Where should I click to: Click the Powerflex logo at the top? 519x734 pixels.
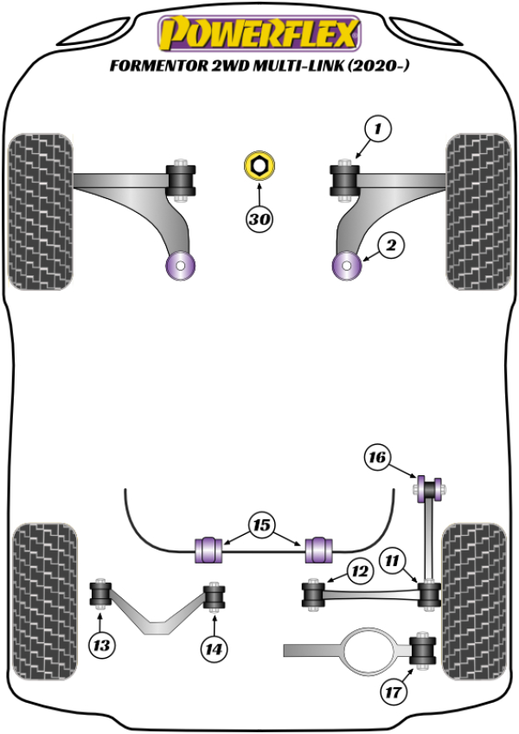point(258,34)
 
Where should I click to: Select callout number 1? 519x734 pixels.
point(377,130)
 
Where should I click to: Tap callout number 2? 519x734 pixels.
point(391,246)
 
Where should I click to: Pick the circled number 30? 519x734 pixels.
point(259,219)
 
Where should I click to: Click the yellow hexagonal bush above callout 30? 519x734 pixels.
point(259,164)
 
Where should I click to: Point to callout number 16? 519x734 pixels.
point(377,456)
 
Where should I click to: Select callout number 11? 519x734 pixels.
point(394,562)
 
